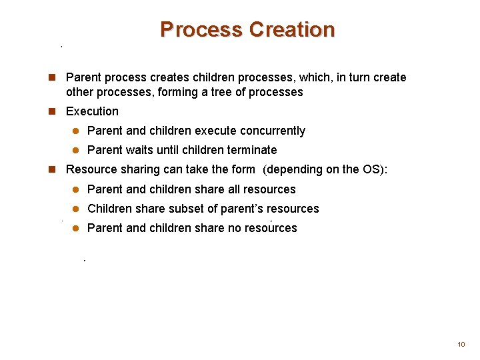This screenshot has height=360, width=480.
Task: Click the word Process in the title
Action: pos(201,30)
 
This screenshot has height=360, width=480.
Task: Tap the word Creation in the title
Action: pos(291,30)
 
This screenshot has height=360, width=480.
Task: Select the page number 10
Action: pos(461,344)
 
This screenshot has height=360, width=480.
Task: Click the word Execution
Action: pos(92,111)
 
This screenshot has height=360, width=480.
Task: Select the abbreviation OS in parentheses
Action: pos(370,169)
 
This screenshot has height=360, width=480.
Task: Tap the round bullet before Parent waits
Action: pos(75,150)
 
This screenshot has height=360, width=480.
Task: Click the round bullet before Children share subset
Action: pos(75,209)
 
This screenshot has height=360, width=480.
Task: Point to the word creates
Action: pos(161,77)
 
